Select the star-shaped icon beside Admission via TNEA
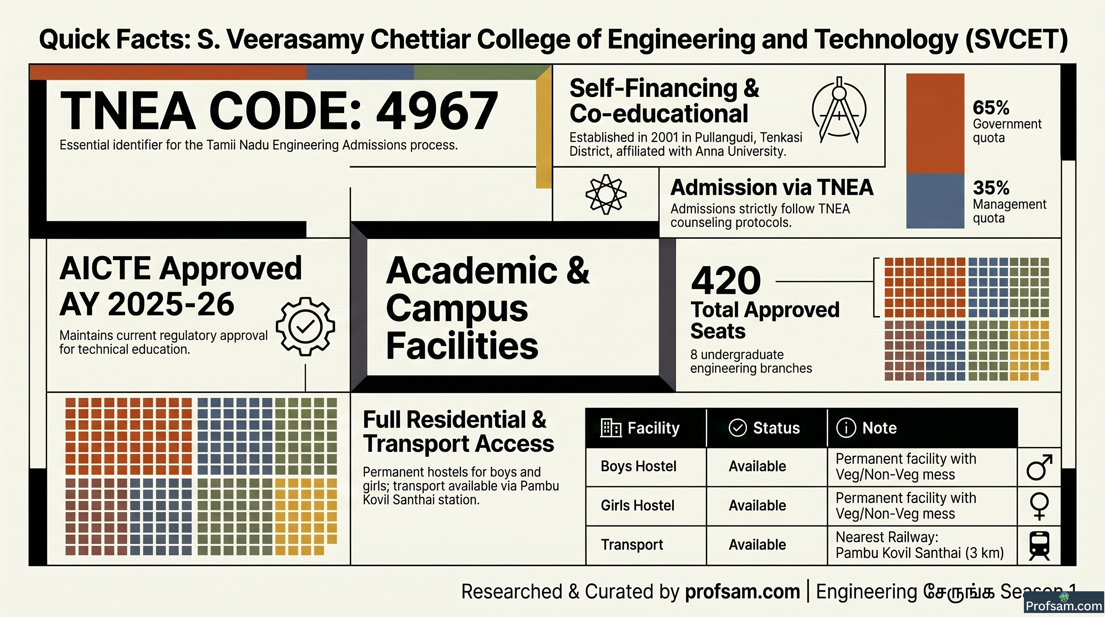[606, 194]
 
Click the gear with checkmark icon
[306, 327]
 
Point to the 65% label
[991, 107]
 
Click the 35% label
[991, 188]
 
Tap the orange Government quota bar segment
[935, 124]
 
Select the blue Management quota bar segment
[935, 201]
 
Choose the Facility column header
[640, 428]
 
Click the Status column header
[765, 428]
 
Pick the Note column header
[866, 428]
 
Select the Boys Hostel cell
[638, 466]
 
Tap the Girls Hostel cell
[638, 505]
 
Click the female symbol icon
[1040, 506]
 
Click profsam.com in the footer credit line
[742, 591]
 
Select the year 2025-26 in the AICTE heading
[171, 304]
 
